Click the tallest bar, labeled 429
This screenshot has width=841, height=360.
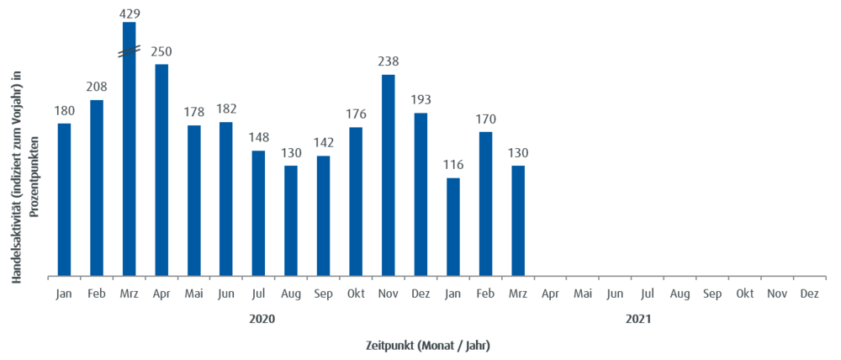(129, 151)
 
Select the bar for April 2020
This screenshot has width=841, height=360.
(161, 168)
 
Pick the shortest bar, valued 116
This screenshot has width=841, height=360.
(453, 225)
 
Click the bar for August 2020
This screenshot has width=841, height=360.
(291, 220)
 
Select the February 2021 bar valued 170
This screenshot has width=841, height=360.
(485, 203)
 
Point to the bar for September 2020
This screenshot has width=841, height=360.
(323, 214)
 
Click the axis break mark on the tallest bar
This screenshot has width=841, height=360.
(129, 52)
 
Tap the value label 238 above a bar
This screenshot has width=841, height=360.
(388, 61)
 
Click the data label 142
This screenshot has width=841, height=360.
(323, 142)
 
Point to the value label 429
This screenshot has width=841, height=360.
(130, 13)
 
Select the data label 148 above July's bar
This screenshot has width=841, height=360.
(258, 136)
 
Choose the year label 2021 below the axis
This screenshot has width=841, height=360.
(637, 320)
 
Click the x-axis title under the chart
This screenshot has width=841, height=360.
(427, 345)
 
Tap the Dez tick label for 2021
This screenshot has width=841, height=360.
(809, 294)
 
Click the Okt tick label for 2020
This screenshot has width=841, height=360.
(356, 294)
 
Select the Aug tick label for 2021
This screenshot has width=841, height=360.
(680, 294)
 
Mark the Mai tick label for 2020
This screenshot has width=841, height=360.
(194, 294)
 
